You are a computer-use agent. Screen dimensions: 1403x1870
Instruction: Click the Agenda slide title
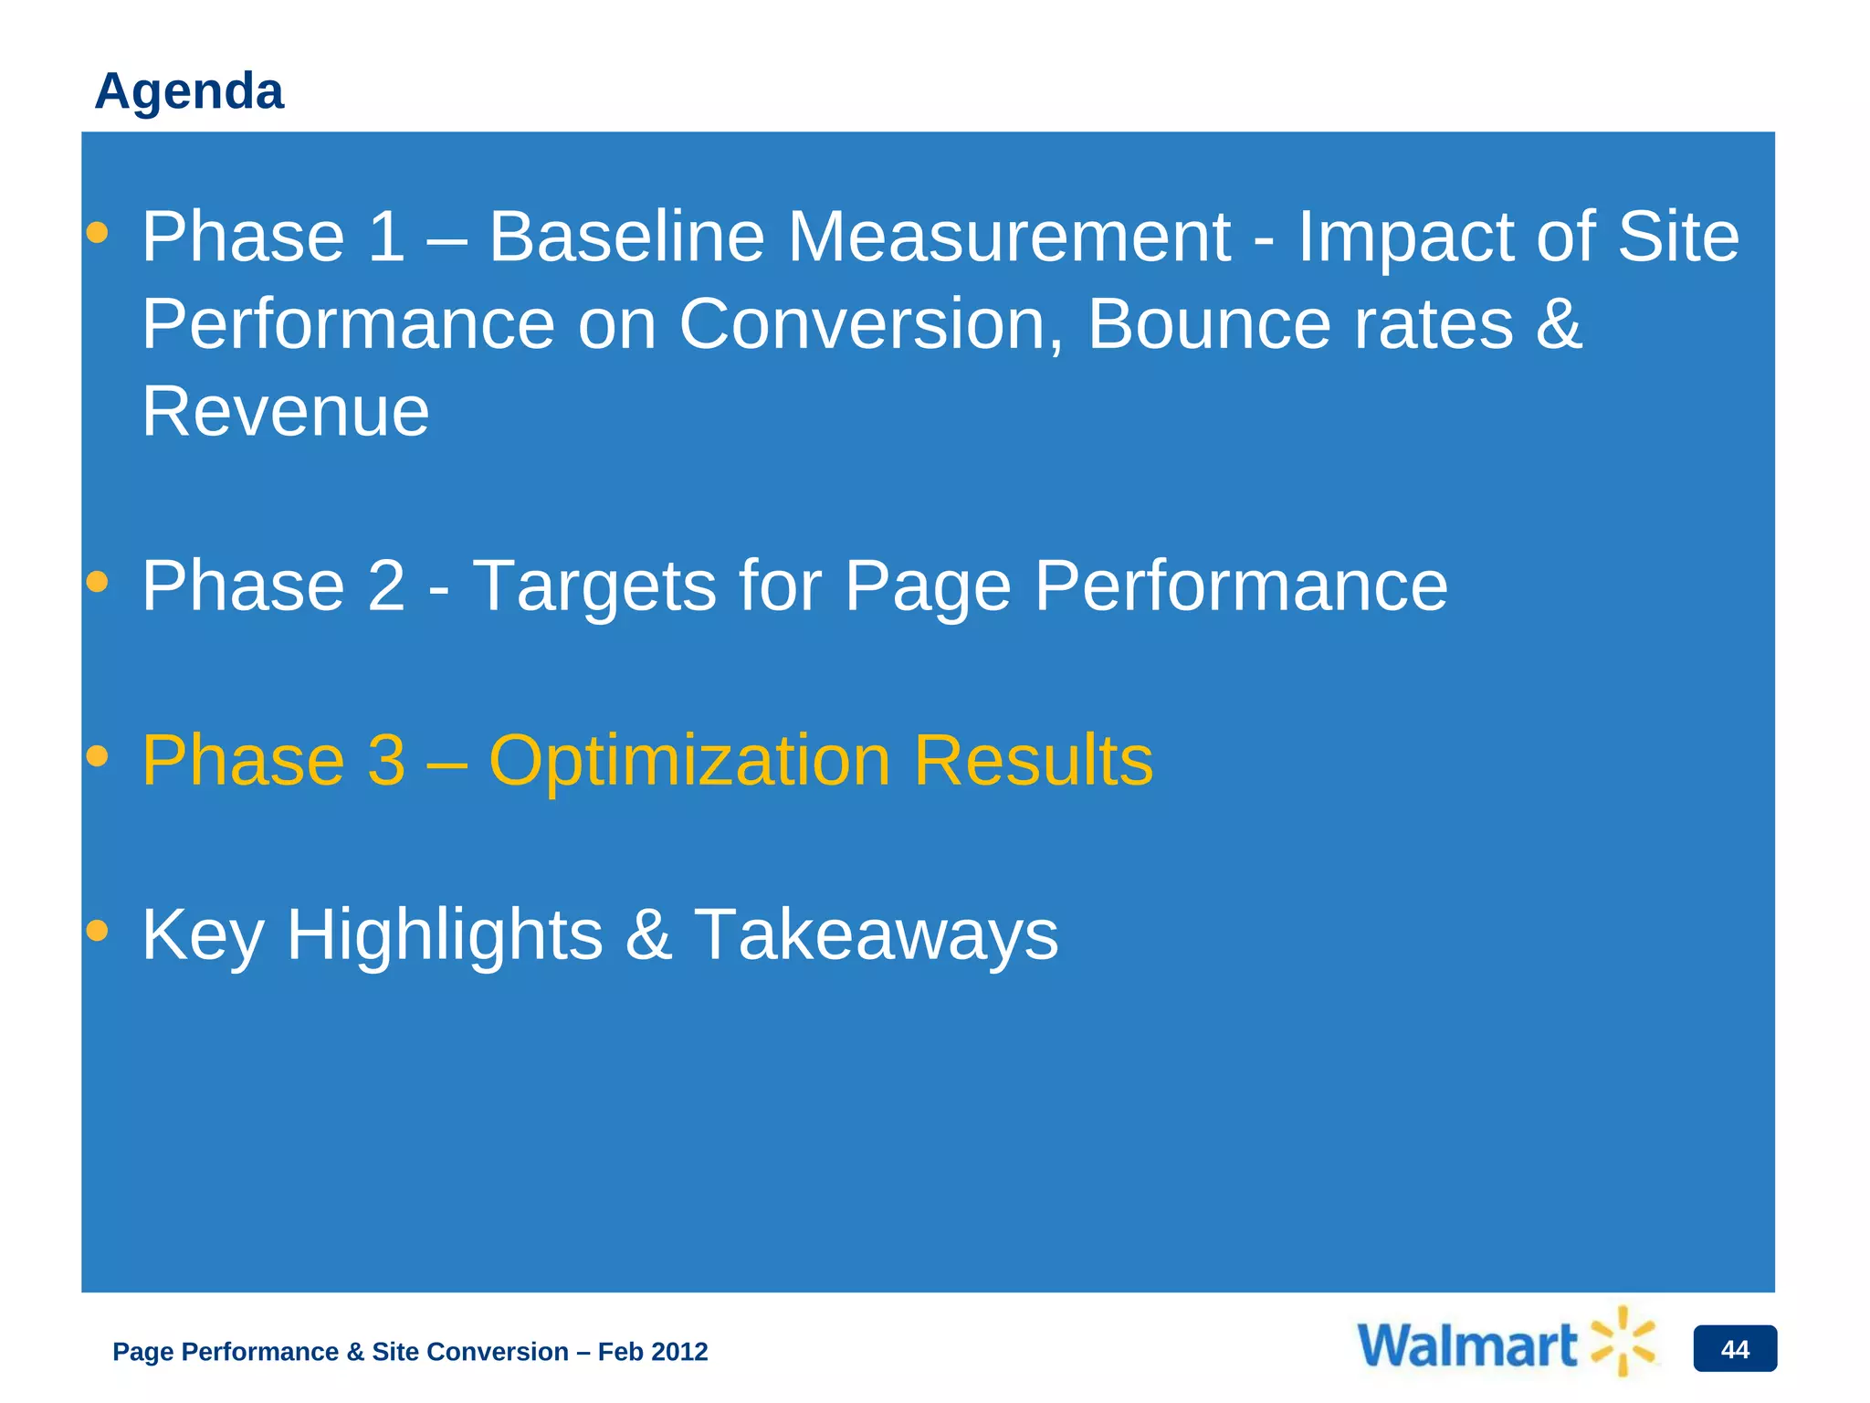tap(189, 91)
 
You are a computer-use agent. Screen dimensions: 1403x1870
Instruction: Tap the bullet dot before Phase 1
tap(97, 233)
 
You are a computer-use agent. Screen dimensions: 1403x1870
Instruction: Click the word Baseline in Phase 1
tap(626, 237)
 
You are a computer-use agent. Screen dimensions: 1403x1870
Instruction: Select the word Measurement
tap(1009, 237)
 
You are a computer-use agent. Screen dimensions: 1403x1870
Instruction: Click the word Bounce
tap(1209, 324)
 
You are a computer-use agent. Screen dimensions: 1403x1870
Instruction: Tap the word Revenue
tap(285, 412)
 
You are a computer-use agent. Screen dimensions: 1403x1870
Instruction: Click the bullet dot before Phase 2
tap(97, 582)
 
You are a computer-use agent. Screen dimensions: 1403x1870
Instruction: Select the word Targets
tap(594, 586)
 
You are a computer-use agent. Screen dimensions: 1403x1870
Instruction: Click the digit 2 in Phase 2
tap(385, 586)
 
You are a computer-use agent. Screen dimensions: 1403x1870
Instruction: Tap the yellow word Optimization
tap(689, 761)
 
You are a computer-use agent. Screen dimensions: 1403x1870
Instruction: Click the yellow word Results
tap(1034, 761)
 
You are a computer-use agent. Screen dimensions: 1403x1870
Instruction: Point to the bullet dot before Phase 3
tap(97, 756)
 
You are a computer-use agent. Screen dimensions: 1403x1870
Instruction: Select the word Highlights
tap(445, 935)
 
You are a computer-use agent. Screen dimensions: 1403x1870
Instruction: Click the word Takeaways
tap(877, 935)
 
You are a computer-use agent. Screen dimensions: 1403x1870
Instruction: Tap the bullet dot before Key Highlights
tap(97, 931)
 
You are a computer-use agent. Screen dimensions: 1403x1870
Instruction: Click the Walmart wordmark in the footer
tap(1467, 1346)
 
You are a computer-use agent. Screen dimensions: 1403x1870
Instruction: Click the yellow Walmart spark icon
tap(1623, 1341)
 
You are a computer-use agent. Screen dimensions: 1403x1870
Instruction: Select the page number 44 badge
tap(1734, 1349)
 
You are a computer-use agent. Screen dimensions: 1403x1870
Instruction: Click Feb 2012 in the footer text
tap(652, 1352)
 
